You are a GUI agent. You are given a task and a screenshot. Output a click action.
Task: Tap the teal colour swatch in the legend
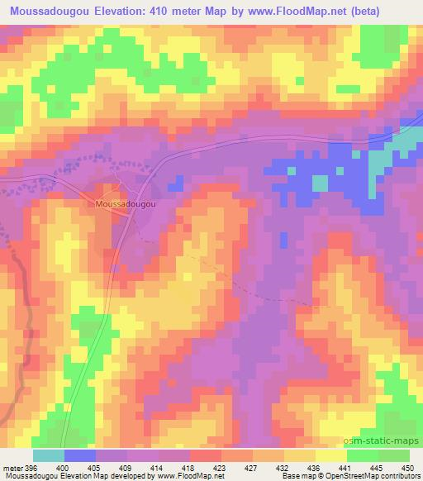49,456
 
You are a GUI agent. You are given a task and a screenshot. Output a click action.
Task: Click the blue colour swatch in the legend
79,456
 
